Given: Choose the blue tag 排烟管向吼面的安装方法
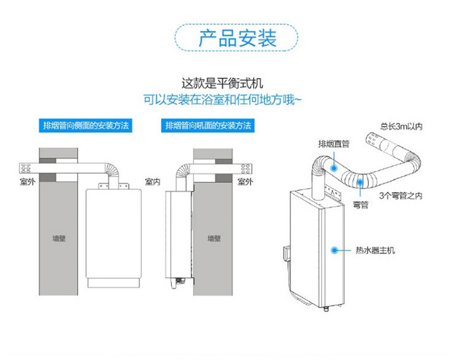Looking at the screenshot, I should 208,125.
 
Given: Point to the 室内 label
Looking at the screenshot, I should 153,182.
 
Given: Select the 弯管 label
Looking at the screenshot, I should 360,204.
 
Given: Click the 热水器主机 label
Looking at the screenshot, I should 375,250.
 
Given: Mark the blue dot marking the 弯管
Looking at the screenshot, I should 360,182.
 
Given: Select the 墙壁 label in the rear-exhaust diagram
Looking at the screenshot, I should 214,238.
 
